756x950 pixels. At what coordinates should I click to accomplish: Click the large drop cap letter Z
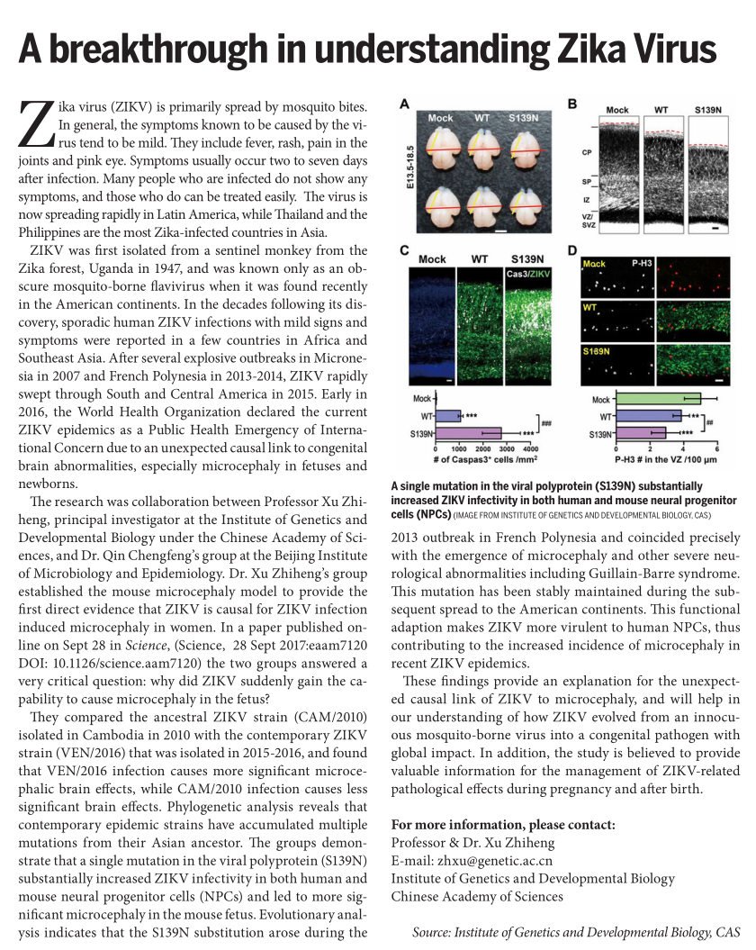click(x=37, y=125)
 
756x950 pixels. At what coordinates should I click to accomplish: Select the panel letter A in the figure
click(x=405, y=104)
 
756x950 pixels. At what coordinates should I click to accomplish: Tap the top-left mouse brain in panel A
click(x=441, y=146)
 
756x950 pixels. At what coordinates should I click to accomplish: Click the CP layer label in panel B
click(x=585, y=152)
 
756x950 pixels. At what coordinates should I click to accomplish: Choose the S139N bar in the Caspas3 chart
click(x=468, y=433)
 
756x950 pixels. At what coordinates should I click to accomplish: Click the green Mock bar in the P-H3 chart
click(x=658, y=398)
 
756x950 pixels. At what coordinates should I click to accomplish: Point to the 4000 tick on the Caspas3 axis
click(x=529, y=448)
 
